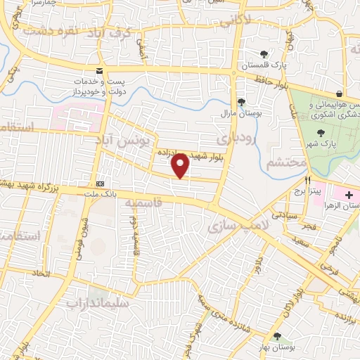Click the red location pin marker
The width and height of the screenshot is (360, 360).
tap(181, 165)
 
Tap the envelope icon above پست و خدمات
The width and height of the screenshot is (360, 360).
tap(99, 70)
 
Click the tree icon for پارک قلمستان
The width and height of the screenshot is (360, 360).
tap(264, 53)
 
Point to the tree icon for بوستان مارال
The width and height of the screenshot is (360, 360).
tap(241, 102)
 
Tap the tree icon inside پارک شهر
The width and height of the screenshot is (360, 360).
tap(321, 132)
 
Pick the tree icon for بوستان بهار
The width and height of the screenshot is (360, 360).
tap(278, 336)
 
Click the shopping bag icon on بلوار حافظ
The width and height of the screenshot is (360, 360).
tap(339, 94)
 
